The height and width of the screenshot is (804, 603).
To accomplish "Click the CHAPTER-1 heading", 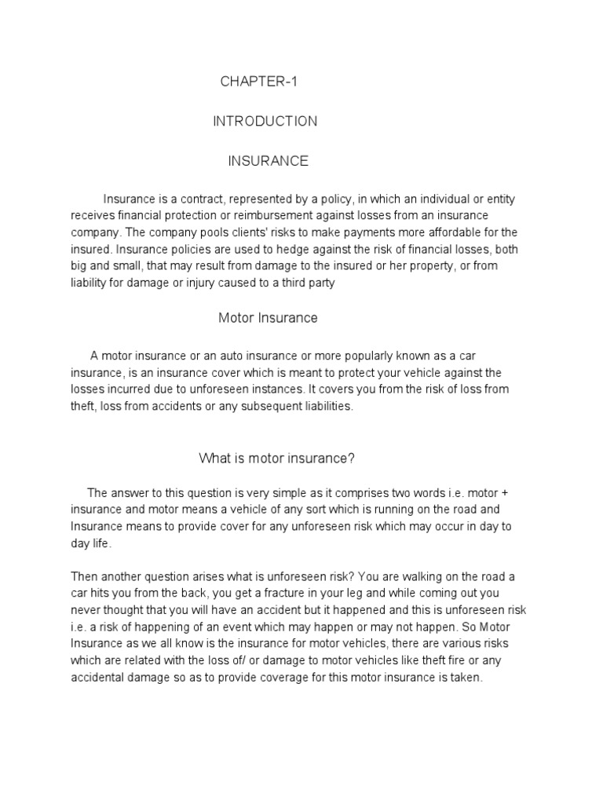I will click(x=260, y=81).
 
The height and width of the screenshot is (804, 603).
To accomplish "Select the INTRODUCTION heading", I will click(x=265, y=121).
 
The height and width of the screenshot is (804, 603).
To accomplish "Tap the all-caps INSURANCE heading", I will click(x=268, y=161).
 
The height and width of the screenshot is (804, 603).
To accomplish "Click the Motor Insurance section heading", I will click(x=268, y=318).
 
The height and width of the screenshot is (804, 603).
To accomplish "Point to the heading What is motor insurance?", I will click(x=272, y=458).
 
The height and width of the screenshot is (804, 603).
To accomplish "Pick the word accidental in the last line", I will click(x=99, y=678).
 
